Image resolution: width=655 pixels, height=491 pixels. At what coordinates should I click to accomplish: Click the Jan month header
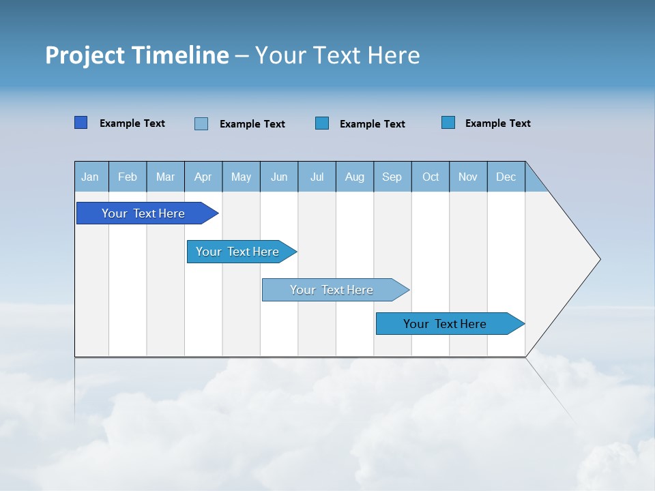click(91, 177)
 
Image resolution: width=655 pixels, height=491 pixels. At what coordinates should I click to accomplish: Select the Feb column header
click(128, 177)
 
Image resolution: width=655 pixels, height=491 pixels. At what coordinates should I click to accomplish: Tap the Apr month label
click(203, 177)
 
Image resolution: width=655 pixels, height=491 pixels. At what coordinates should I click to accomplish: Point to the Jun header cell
click(279, 177)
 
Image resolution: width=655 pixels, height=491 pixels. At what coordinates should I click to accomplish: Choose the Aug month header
click(355, 177)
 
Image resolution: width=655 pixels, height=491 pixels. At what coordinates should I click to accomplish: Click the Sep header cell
click(392, 177)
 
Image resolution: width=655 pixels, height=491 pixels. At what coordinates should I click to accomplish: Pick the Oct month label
click(431, 177)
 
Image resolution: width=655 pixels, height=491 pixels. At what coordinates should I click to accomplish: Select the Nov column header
click(468, 177)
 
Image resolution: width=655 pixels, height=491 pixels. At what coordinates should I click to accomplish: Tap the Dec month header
click(506, 177)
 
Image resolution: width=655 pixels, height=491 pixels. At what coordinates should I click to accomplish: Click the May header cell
click(241, 177)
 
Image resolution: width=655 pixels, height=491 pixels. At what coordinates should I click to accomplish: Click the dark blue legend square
click(81, 123)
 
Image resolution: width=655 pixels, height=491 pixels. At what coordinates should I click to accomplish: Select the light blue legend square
click(201, 123)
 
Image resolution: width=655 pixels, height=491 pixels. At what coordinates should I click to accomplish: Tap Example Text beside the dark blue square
click(132, 123)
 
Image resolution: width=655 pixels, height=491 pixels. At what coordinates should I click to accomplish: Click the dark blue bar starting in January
click(143, 213)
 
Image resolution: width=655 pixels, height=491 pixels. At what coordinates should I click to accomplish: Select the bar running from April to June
click(237, 252)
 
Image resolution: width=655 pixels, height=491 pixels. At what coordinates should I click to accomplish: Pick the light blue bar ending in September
click(332, 290)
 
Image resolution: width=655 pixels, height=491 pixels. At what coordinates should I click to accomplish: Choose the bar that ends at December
click(445, 324)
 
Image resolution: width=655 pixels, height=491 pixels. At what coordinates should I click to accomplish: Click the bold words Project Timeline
click(137, 55)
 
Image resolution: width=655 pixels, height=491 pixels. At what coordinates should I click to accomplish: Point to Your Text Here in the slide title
click(338, 55)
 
